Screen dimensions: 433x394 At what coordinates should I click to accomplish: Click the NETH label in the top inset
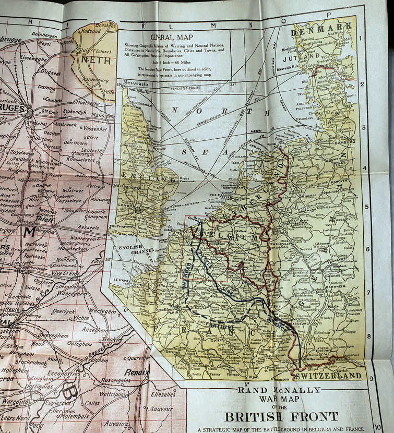95,60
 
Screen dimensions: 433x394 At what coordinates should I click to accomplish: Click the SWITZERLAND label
328,376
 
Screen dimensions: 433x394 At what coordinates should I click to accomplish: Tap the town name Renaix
137,372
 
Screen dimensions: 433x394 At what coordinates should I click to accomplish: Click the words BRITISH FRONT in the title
281,416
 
